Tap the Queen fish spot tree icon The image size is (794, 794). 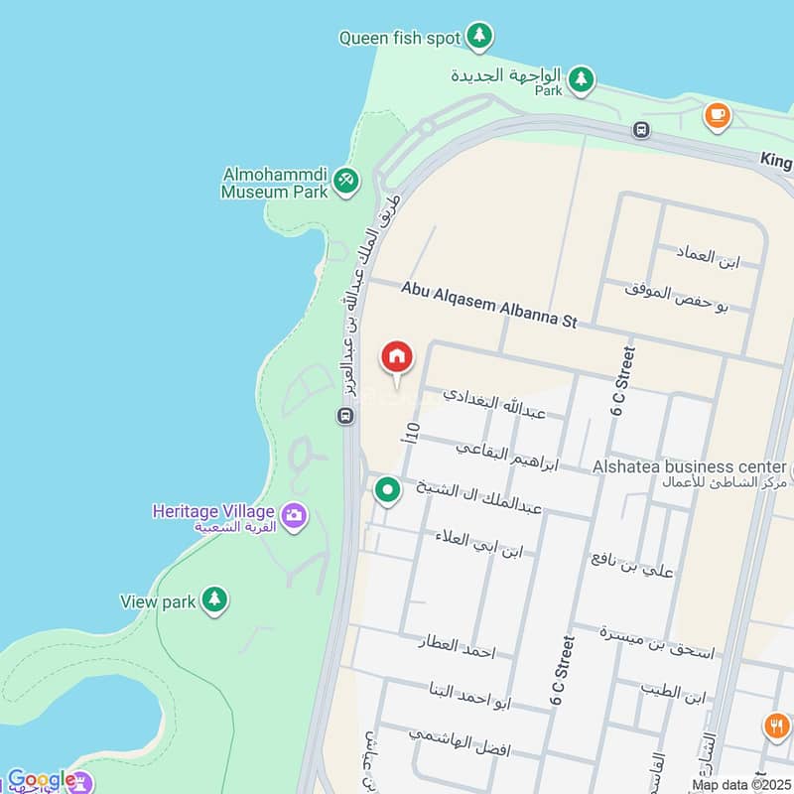click(480, 37)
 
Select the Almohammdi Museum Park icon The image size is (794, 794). click(345, 181)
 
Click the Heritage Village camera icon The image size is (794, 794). click(293, 514)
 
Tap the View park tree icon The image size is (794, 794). click(213, 599)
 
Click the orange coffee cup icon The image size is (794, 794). click(716, 116)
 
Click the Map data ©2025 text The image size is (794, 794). click(740, 785)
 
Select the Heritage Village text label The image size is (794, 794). click(212, 511)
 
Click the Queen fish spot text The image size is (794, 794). click(400, 38)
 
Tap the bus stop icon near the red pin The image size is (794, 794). click(345, 416)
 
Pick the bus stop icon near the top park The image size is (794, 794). click(642, 129)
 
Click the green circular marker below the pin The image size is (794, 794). click(387, 489)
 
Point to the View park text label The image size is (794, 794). click(158, 601)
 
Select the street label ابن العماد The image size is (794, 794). click(710, 257)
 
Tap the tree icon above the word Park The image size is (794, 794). click(581, 76)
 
